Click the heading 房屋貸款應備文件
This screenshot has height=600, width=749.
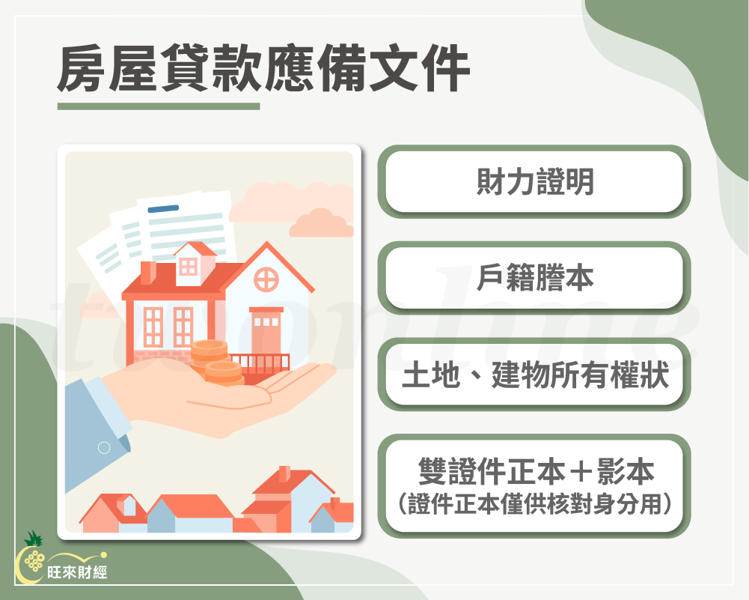263,69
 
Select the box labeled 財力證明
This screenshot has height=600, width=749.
534,181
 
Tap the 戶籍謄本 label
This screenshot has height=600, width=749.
534,278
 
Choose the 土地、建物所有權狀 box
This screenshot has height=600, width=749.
534,375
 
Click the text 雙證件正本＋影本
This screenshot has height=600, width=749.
534,471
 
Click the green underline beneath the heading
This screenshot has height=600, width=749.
159,106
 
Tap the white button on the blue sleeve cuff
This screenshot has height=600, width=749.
104,448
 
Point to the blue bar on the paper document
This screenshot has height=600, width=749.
163,209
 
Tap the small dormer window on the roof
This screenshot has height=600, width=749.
189,266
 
